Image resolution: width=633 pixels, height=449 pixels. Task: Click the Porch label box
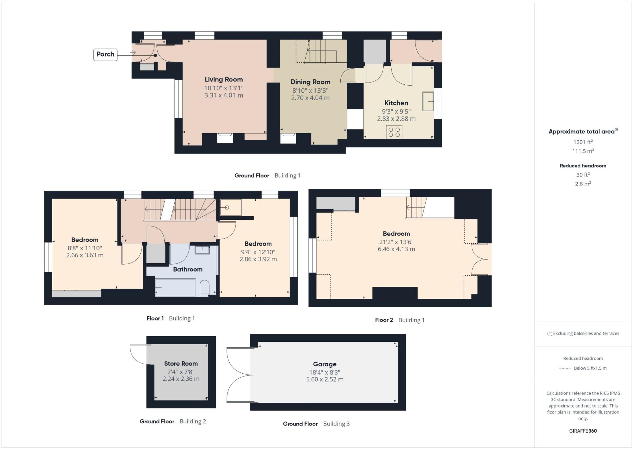105,54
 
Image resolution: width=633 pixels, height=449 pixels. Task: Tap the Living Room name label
223,79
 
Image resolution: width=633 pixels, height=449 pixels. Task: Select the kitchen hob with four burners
394,132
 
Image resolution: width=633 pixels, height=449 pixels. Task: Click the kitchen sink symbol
428,101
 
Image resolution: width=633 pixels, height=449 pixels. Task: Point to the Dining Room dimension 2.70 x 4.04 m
310,98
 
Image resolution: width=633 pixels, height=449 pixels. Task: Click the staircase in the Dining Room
320,52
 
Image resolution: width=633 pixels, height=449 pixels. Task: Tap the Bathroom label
188,269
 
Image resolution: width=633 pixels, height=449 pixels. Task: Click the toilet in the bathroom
205,288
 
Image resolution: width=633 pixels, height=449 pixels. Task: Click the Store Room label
181,364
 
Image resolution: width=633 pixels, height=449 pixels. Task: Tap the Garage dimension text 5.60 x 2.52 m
325,379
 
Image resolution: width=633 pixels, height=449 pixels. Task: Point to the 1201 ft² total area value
583,142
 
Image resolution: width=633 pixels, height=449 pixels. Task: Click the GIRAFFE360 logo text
583,431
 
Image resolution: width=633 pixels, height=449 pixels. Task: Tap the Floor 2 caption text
384,320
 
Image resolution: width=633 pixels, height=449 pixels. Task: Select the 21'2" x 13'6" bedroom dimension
396,242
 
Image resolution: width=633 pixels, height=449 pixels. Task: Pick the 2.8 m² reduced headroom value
583,184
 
